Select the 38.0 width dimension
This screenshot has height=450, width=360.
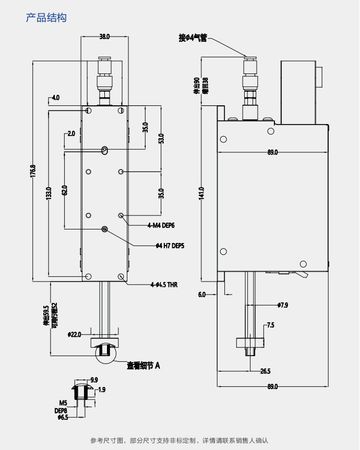click(x=104, y=37)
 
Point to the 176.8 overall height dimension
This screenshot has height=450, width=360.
click(x=33, y=173)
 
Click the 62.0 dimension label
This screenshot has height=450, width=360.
click(x=65, y=190)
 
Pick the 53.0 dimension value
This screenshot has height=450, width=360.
click(x=161, y=139)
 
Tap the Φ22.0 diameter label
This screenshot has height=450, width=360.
click(x=75, y=334)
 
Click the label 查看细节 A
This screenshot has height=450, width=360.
click(x=143, y=366)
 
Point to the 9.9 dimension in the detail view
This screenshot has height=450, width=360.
click(x=94, y=380)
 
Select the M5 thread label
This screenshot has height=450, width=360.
click(x=63, y=403)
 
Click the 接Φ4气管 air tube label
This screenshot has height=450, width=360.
click(x=193, y=38)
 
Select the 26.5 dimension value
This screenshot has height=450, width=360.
click(x=265, y=371)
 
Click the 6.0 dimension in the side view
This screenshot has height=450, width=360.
click(x=202, y=295)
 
